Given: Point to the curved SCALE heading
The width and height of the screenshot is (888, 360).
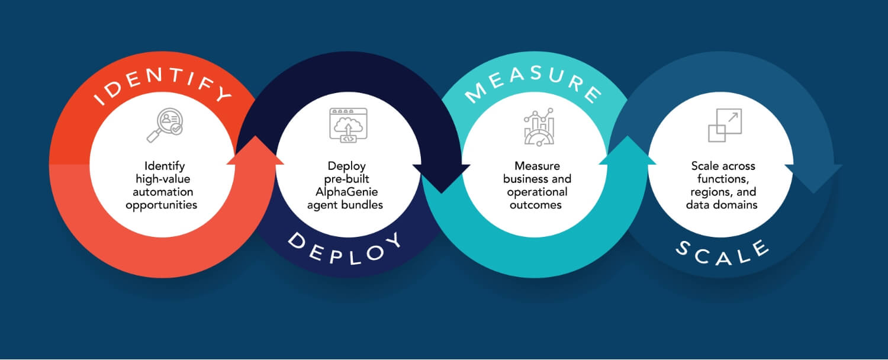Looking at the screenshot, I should [722, 252].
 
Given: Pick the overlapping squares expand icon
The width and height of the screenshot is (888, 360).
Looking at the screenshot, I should [724, 125].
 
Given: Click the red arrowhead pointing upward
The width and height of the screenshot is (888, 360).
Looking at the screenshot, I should [256, 152].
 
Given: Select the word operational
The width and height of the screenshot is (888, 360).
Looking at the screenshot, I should [537, 192].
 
